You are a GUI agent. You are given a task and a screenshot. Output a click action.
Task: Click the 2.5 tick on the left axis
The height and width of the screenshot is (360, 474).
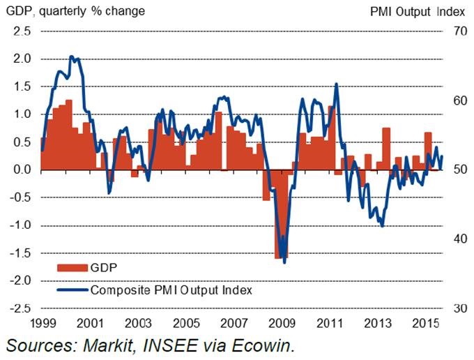[21, 31]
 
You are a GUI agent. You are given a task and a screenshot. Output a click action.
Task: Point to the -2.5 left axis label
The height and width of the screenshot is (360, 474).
[19, 308]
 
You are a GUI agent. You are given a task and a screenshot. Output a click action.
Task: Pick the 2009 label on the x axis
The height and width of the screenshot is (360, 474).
[281, 324]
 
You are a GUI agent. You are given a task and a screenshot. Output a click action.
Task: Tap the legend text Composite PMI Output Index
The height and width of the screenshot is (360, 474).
[171, 289]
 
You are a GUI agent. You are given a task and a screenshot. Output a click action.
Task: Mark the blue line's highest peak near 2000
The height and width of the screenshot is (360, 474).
[71, 57]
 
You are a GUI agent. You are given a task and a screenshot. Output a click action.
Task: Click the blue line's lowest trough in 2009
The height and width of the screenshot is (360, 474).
[284, 262]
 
